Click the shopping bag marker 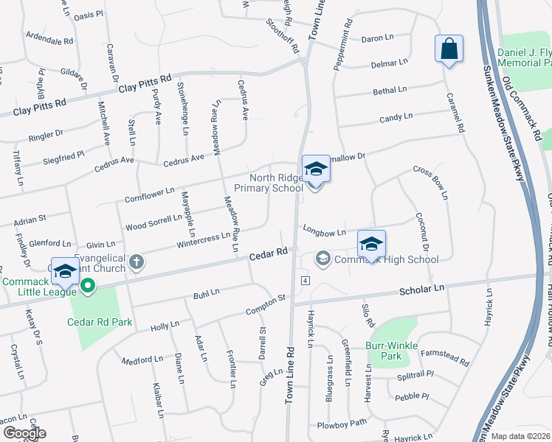449,50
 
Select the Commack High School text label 387,259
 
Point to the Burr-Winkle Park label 391,351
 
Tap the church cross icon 136,262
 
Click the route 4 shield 304,281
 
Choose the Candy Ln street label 396,118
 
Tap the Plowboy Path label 342,424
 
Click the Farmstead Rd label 445,359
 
